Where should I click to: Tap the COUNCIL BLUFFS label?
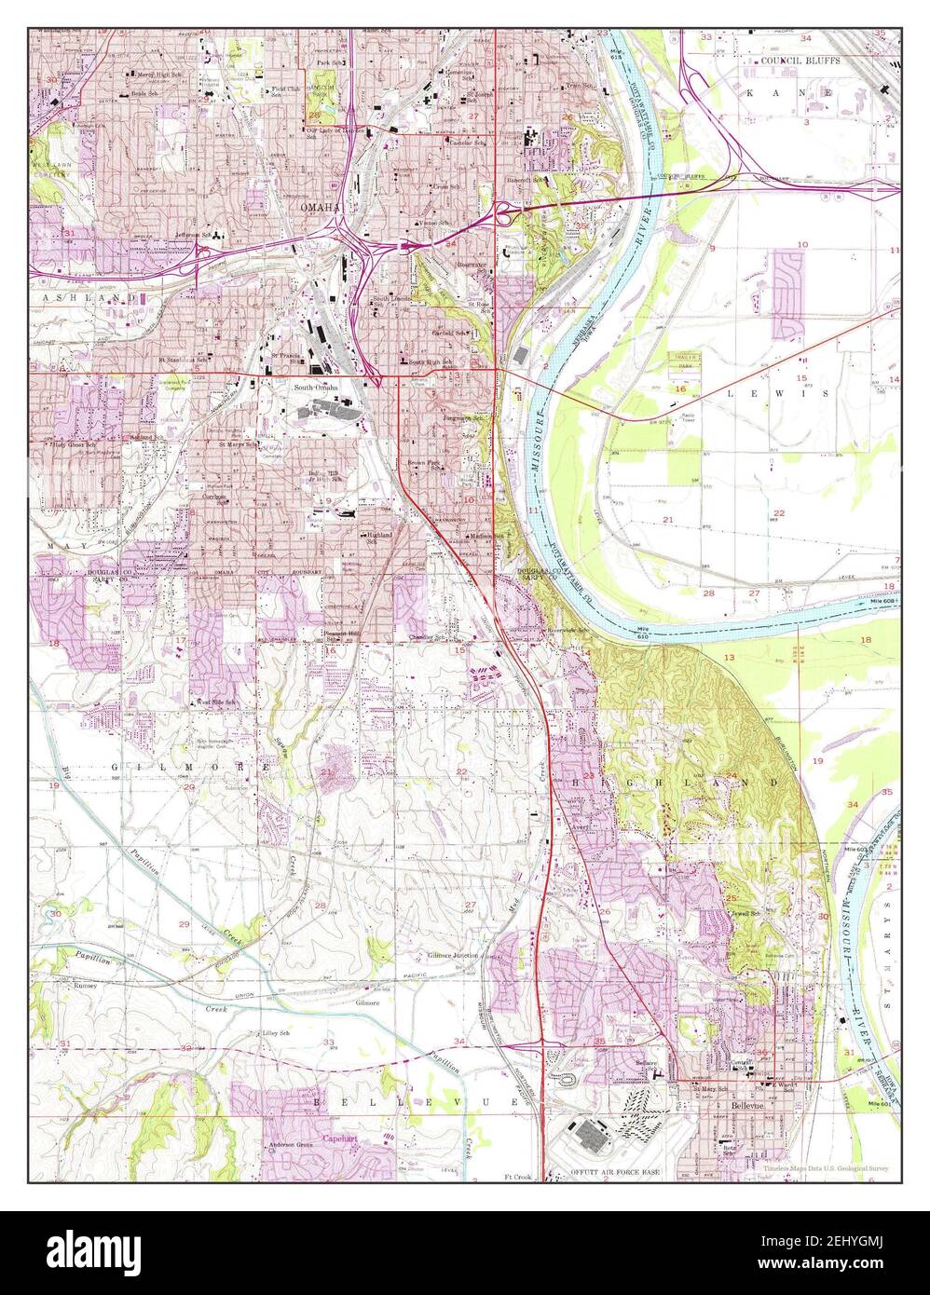point(800,61)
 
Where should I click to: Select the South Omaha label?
point(317,387)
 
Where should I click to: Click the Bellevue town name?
point(746,1105)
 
